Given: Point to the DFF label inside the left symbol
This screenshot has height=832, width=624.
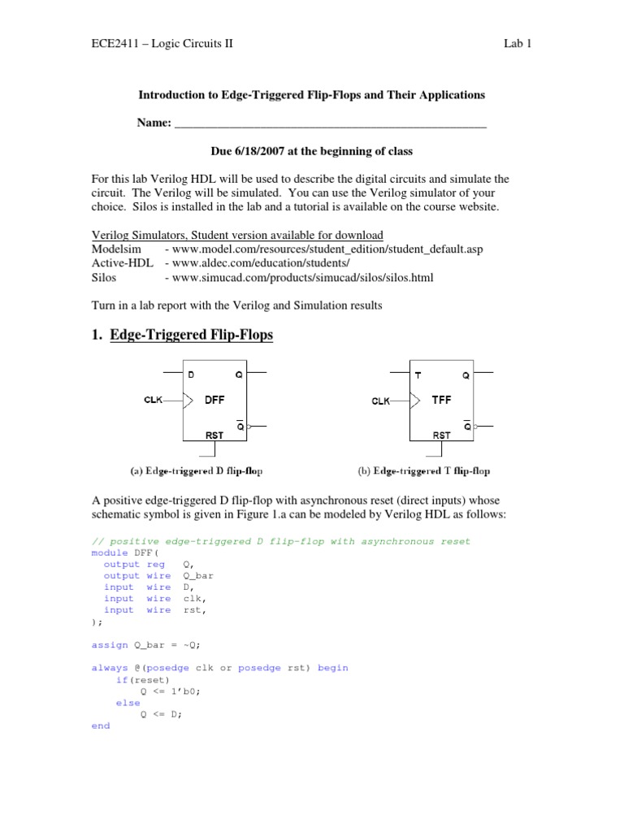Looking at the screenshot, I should click(214, 400).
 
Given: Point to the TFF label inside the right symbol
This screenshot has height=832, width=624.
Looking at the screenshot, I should click(440, 400).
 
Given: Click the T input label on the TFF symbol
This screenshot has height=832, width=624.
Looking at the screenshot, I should click(418, 375).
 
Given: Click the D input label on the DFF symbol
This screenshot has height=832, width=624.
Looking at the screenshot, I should click(191, 375).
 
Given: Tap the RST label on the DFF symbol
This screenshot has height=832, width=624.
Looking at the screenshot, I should click(214, 435).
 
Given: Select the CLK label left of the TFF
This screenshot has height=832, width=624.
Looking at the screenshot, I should click(382, 401).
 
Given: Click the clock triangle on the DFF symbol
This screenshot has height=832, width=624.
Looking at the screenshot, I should click(188, 400).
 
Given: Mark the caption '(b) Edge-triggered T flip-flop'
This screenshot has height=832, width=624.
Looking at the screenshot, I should click(423, 470).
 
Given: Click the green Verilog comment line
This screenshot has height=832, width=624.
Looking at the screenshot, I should click(281, 541).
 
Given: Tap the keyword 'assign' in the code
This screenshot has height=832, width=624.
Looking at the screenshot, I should click(110, 644).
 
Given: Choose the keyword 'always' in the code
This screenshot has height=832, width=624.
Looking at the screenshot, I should click(110, 668).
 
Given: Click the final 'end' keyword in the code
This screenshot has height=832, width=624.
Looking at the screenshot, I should click(101, 726).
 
